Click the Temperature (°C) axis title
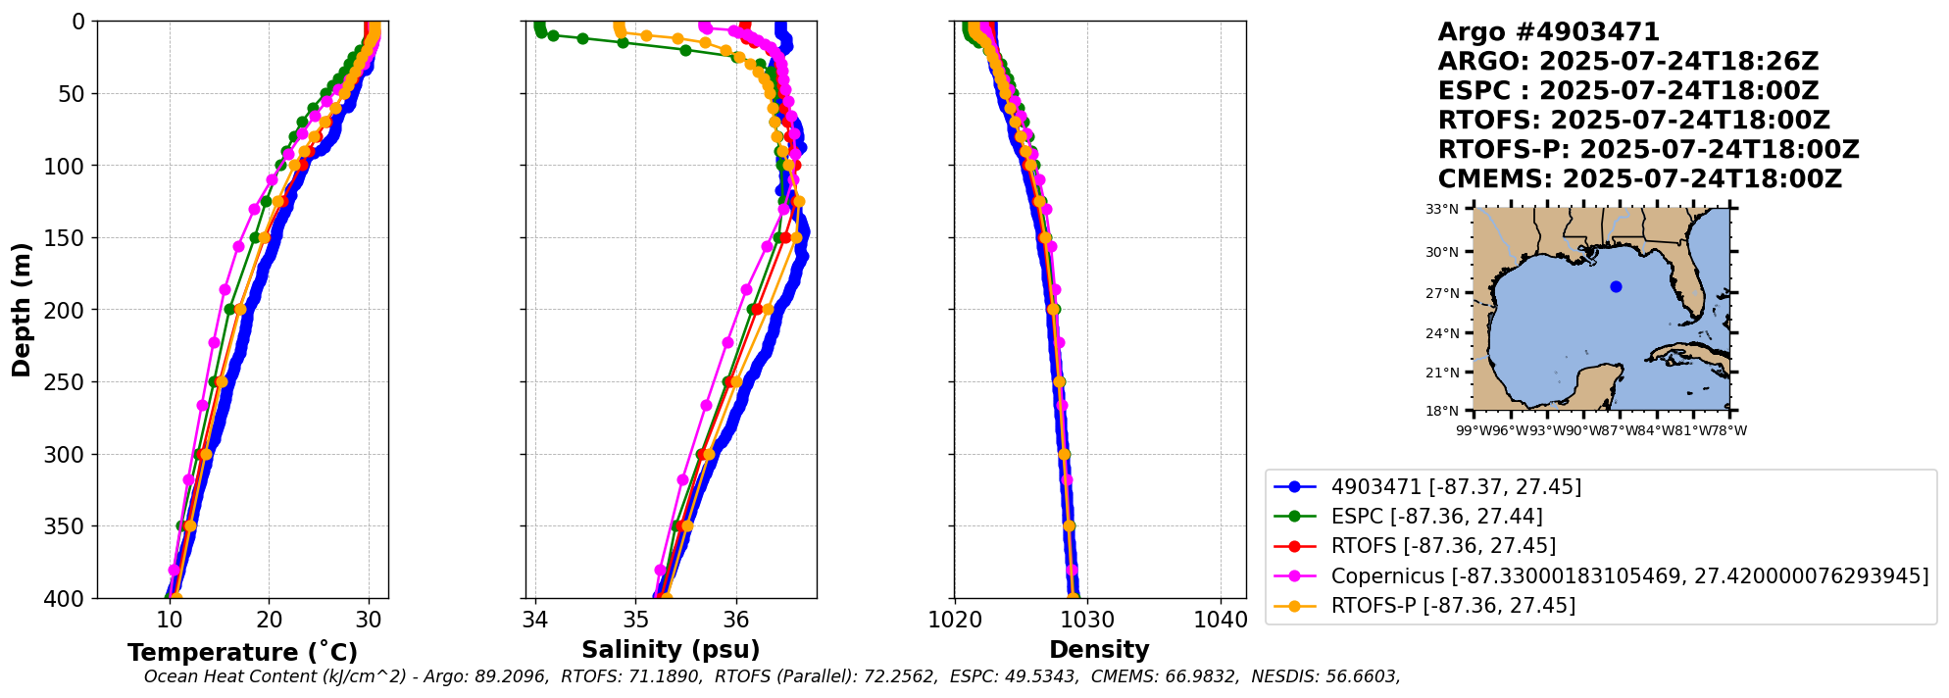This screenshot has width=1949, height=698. (x=242, y=653)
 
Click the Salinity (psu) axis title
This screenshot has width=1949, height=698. (x=671, y=650)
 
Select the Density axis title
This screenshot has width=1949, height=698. (x=1099, y=650)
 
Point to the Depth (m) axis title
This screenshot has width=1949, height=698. (x=22, y=310)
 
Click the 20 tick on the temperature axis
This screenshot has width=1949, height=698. (x=270, y=620)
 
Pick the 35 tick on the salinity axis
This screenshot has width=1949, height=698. (x=636, y=620)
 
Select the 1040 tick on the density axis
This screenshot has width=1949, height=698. (x=1221, y=620)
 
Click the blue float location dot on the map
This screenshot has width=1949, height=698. (x=1616, y=287)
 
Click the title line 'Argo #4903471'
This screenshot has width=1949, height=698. (x=1548, y=32)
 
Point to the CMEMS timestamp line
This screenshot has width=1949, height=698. (x=1639, y=179)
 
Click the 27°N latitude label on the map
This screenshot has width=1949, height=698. (x=1442, y=293)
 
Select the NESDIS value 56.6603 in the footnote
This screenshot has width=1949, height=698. (x=1361, y=676)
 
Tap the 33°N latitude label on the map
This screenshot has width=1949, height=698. (x=1442, y=209)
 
